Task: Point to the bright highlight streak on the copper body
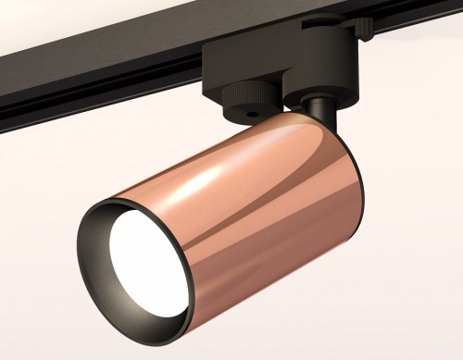coord(213,176)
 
